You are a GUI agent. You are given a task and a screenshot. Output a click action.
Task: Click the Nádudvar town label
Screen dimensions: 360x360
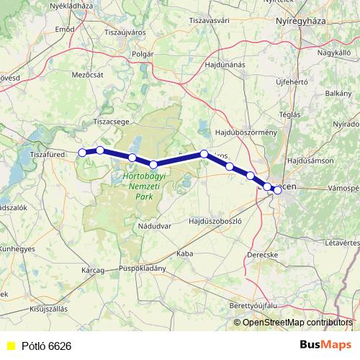[153, 226]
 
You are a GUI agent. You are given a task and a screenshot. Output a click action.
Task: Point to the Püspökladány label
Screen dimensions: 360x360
[144, 269]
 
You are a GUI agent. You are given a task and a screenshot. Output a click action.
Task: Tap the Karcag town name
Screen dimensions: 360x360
[94, 270]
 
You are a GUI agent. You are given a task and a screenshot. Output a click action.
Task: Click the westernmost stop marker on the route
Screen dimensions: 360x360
[82, 152]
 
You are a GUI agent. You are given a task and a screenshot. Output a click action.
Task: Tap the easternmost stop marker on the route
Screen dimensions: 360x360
[277, 190]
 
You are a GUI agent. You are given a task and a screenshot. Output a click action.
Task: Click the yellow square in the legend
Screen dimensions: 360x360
[10, 346]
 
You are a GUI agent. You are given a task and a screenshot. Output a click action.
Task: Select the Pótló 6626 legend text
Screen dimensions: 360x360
[46, 346]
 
